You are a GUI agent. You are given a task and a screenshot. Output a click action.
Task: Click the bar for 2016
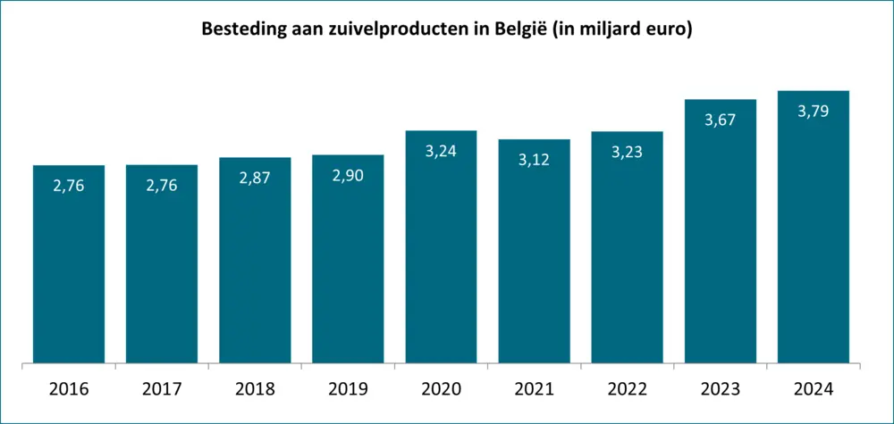point(69,268)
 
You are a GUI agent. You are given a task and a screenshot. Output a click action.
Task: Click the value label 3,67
point(720,120)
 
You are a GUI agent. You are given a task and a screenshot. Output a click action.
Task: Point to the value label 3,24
point(441,151)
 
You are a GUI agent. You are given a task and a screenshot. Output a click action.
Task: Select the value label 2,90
point(348,175)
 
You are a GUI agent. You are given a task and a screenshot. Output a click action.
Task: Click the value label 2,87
point(255,178)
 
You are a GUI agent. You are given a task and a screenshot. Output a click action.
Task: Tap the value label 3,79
point(813,112)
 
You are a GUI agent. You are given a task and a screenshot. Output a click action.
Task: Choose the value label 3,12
point(534,160)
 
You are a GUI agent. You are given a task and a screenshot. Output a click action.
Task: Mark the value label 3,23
point(627,152)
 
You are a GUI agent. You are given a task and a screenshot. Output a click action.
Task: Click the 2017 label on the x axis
point(162,389)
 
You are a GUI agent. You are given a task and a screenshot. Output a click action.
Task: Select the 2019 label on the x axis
point(348,389)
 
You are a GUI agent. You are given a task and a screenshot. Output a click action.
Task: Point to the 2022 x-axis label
point(627,389)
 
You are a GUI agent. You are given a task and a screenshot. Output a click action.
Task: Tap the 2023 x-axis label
point(720,389)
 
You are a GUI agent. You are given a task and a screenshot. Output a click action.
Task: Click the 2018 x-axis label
point(255,389)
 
